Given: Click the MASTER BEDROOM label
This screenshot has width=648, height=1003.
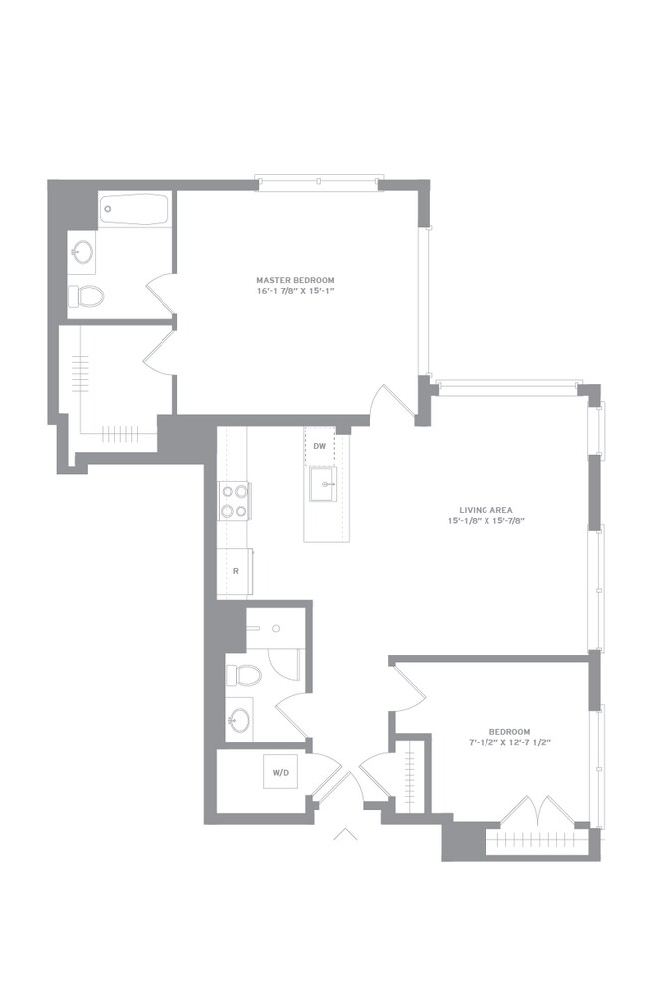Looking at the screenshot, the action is [295, 280].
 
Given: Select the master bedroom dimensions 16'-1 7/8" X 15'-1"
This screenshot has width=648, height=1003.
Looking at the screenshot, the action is [295, 291].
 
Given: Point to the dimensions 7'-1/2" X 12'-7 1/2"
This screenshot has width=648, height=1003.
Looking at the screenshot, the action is [509, 742].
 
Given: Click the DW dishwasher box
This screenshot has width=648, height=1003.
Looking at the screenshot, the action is [320, 446].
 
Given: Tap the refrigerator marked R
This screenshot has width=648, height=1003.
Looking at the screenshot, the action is [235, 571].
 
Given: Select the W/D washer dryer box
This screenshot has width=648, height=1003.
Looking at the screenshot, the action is [280, 772].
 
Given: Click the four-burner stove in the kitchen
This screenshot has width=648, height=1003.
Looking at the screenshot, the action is [234, 501].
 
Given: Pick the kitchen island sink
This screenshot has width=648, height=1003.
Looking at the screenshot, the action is [323, 484].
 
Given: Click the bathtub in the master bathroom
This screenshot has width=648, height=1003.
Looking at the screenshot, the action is [135, 209].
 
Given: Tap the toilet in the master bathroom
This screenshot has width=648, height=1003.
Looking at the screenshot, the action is [87, 295].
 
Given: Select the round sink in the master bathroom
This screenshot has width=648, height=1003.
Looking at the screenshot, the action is [82, 251].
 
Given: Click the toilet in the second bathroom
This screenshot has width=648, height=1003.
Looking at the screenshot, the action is [245, 675].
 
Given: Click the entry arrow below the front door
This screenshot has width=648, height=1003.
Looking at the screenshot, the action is [345, 833].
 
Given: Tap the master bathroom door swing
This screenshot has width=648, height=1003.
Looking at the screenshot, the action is [162, 293].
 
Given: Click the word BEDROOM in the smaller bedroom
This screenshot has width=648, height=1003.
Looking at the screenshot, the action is [509, 732].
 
